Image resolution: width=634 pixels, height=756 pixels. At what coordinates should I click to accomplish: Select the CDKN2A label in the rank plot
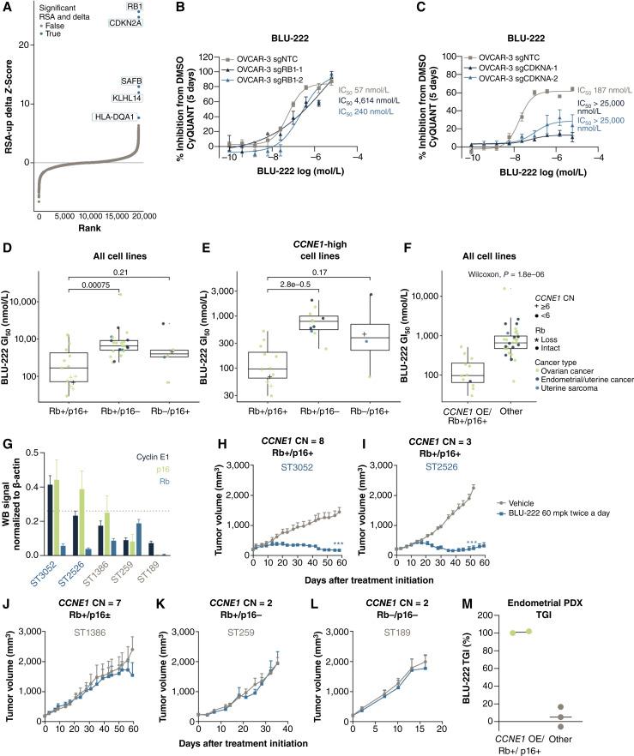pyautogui.click(x=128, y=23)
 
